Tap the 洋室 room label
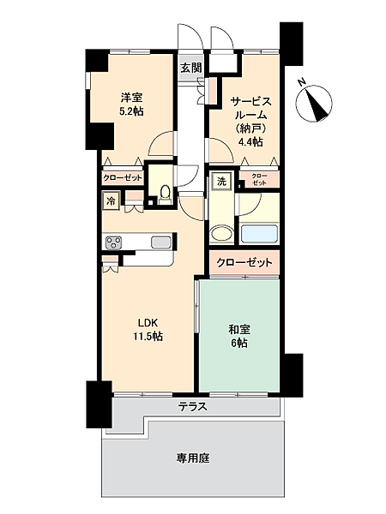pyautogui.click(x=131, y=96)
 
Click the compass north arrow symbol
pyautogui.click(x=316, y=102)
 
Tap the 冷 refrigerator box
pyautogui.click(x=111, y=200)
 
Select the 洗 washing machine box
pyautogui.click(x=220, y=181)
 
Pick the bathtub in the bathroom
pyautogui.click(x=260, y=234)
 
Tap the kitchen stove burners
pyautogui.click(x=114, y=242)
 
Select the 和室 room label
pyautogui.click(x=239, y=328)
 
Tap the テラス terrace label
pyautogui.click(x=193, y=406)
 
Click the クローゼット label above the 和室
pyautogui.click(x=244, y=262)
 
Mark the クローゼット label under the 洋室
pyautogui.click(x=123, y=178)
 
